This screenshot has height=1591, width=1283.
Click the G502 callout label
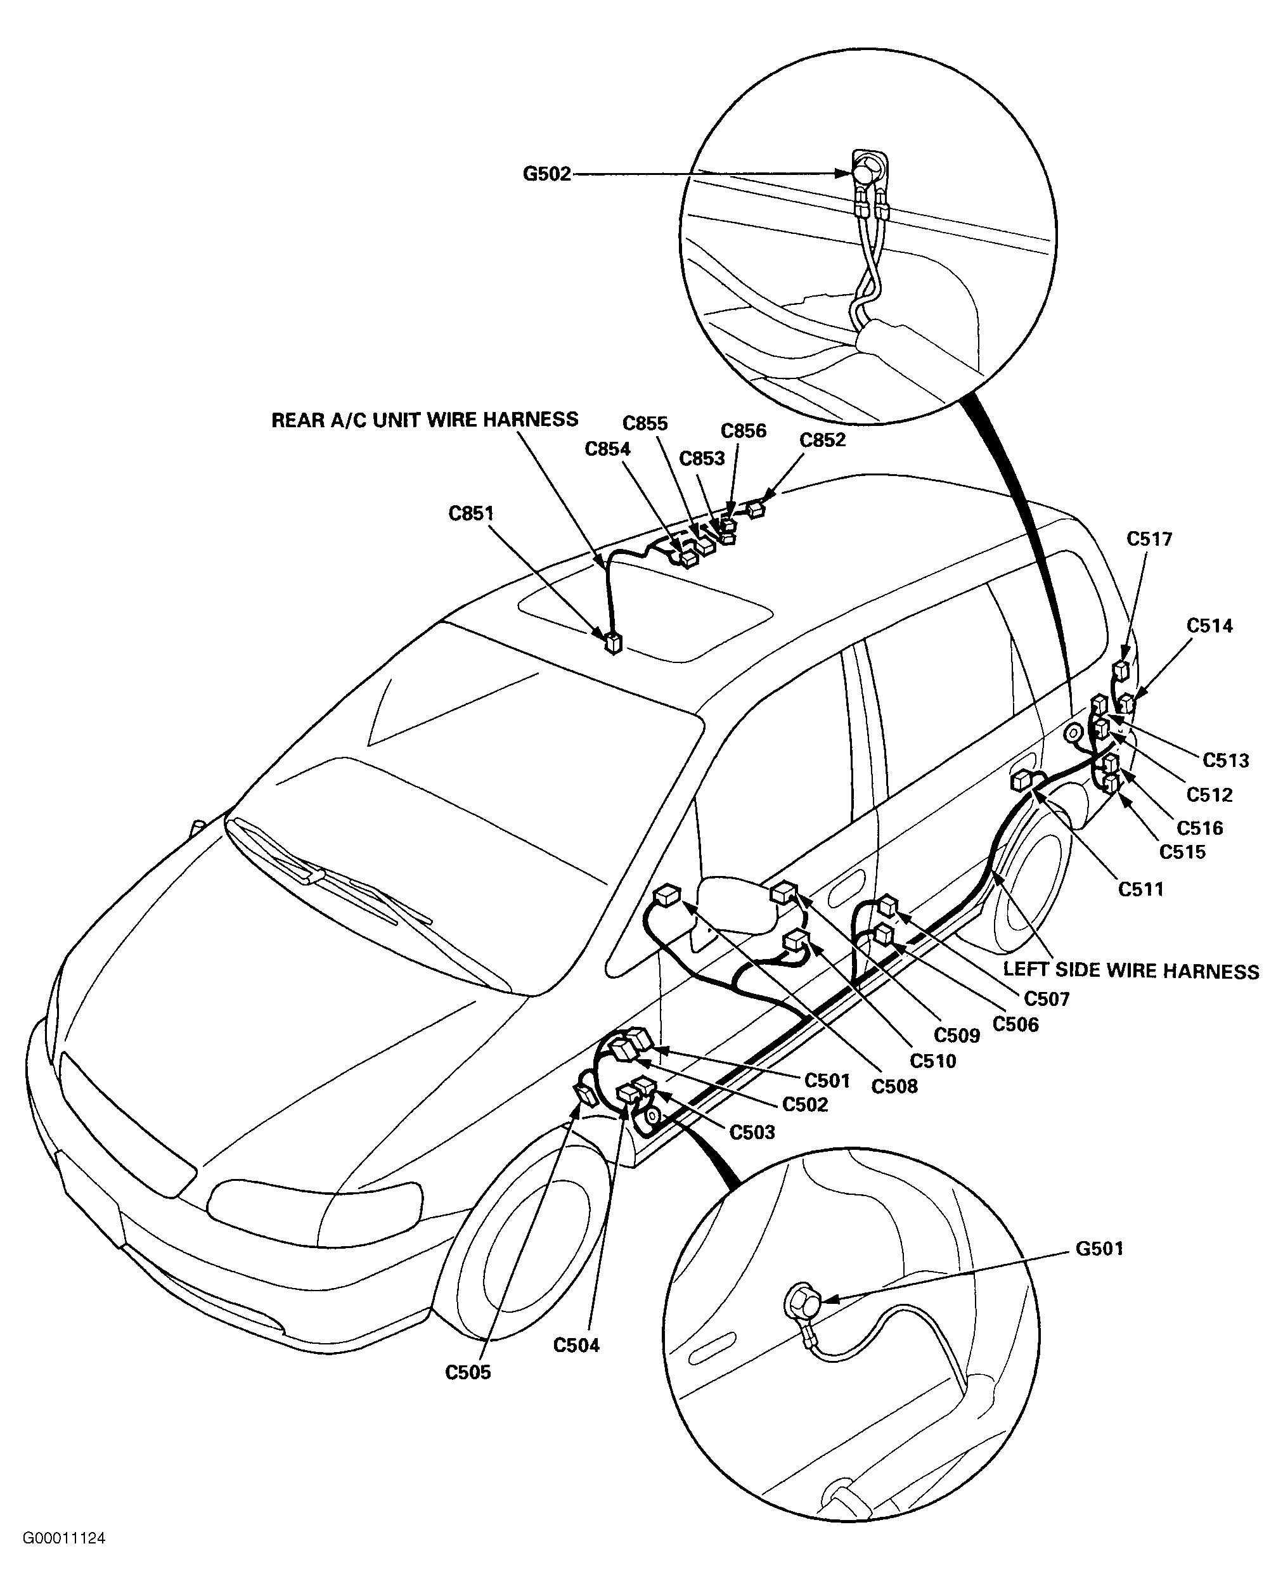(x=547, y=174)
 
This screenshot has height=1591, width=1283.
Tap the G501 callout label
(x=1100, y=1249)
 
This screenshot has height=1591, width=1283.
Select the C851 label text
(x=472, y=513)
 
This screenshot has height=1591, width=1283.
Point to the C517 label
(x=1150, y=539)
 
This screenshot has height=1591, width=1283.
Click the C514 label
(x=1211, y=626)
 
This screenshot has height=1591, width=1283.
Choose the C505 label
(x=468, y=1372)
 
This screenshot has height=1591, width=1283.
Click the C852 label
(x=823, y=441)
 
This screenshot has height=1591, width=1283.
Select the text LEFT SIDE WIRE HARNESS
(x=1131, y=970)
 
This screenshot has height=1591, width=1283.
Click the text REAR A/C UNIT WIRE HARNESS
(x=425, y=420)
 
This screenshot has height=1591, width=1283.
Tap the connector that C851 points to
(x=614, y=643)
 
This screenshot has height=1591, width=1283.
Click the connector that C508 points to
(x=667, y=896)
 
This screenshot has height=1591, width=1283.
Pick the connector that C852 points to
(x=756, y=509)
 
